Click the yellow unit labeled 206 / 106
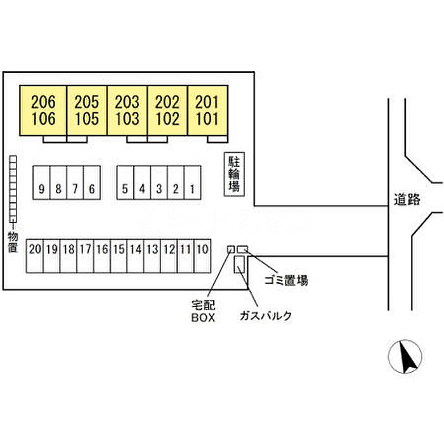(43, 110)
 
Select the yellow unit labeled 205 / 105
(87, 110)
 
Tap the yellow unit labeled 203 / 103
(127, 110)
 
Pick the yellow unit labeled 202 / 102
(167, 110)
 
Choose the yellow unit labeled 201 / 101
(207, 110)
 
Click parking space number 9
(41, 188)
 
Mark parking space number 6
(92, 188)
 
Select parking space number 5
(125, 188)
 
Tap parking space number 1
(192, 188)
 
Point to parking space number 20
(35, 249)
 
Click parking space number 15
(119, 249)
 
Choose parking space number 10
(202, 249)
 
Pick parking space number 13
(152, 249)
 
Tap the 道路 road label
(407, 200)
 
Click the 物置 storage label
(12, 241)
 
